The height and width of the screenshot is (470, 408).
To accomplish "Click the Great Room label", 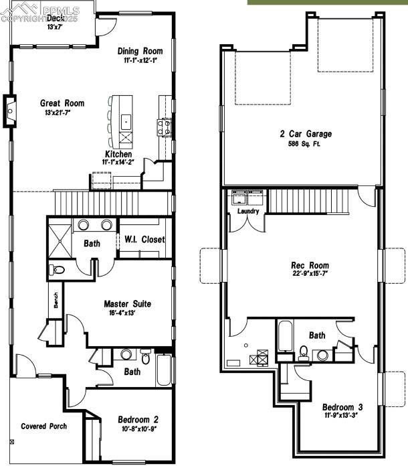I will (62, 103).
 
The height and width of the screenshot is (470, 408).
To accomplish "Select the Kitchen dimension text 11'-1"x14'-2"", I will (118, 162).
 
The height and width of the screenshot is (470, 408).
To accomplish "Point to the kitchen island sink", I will (125, 122).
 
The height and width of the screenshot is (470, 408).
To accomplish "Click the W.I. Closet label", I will (144, 240).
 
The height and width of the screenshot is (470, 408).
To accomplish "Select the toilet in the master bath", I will (58, 270).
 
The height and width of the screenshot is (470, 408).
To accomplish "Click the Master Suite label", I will (127, 304).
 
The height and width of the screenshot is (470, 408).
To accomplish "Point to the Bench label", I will (56, 305).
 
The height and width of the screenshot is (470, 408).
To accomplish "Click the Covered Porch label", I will (43, 426).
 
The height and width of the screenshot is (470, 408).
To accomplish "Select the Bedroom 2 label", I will (138, 420).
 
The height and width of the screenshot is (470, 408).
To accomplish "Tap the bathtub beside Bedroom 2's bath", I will (165, 370).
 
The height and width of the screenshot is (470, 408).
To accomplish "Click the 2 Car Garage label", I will (305, 134).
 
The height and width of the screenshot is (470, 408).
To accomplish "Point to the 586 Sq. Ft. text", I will (305, 144).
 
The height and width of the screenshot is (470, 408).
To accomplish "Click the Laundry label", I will (248, 212).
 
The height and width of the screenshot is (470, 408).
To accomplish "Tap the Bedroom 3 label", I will (342, 407).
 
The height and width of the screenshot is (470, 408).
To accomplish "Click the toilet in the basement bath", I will (303, 352).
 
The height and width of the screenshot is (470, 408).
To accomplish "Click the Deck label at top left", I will (55, 19).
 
